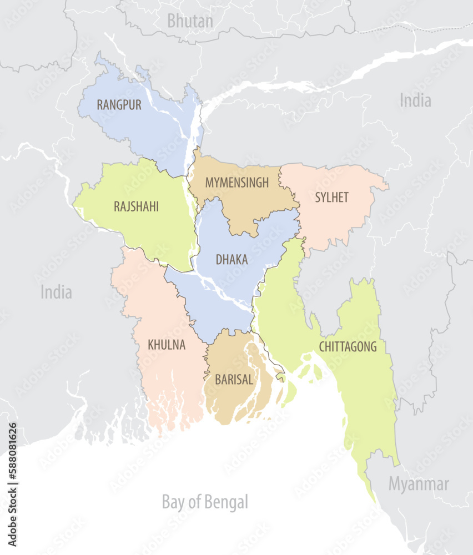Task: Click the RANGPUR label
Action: coord(119,104)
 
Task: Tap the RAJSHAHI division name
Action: coord(136,206)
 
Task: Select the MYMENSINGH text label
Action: coord(236,182)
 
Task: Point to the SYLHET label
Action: coord(331,198)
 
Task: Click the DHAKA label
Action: coord(232,259)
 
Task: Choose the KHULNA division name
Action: coord(167,345)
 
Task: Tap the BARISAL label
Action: coord(234,380)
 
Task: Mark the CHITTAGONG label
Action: coord(348,347)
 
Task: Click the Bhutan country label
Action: coord(190,21)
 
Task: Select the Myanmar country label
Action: coord(418,484)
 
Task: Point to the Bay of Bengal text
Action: coord(205,502)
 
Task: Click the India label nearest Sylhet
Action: coord(415,100)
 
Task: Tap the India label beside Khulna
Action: coord(56,292)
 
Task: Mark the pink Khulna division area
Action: coord(167,377)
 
